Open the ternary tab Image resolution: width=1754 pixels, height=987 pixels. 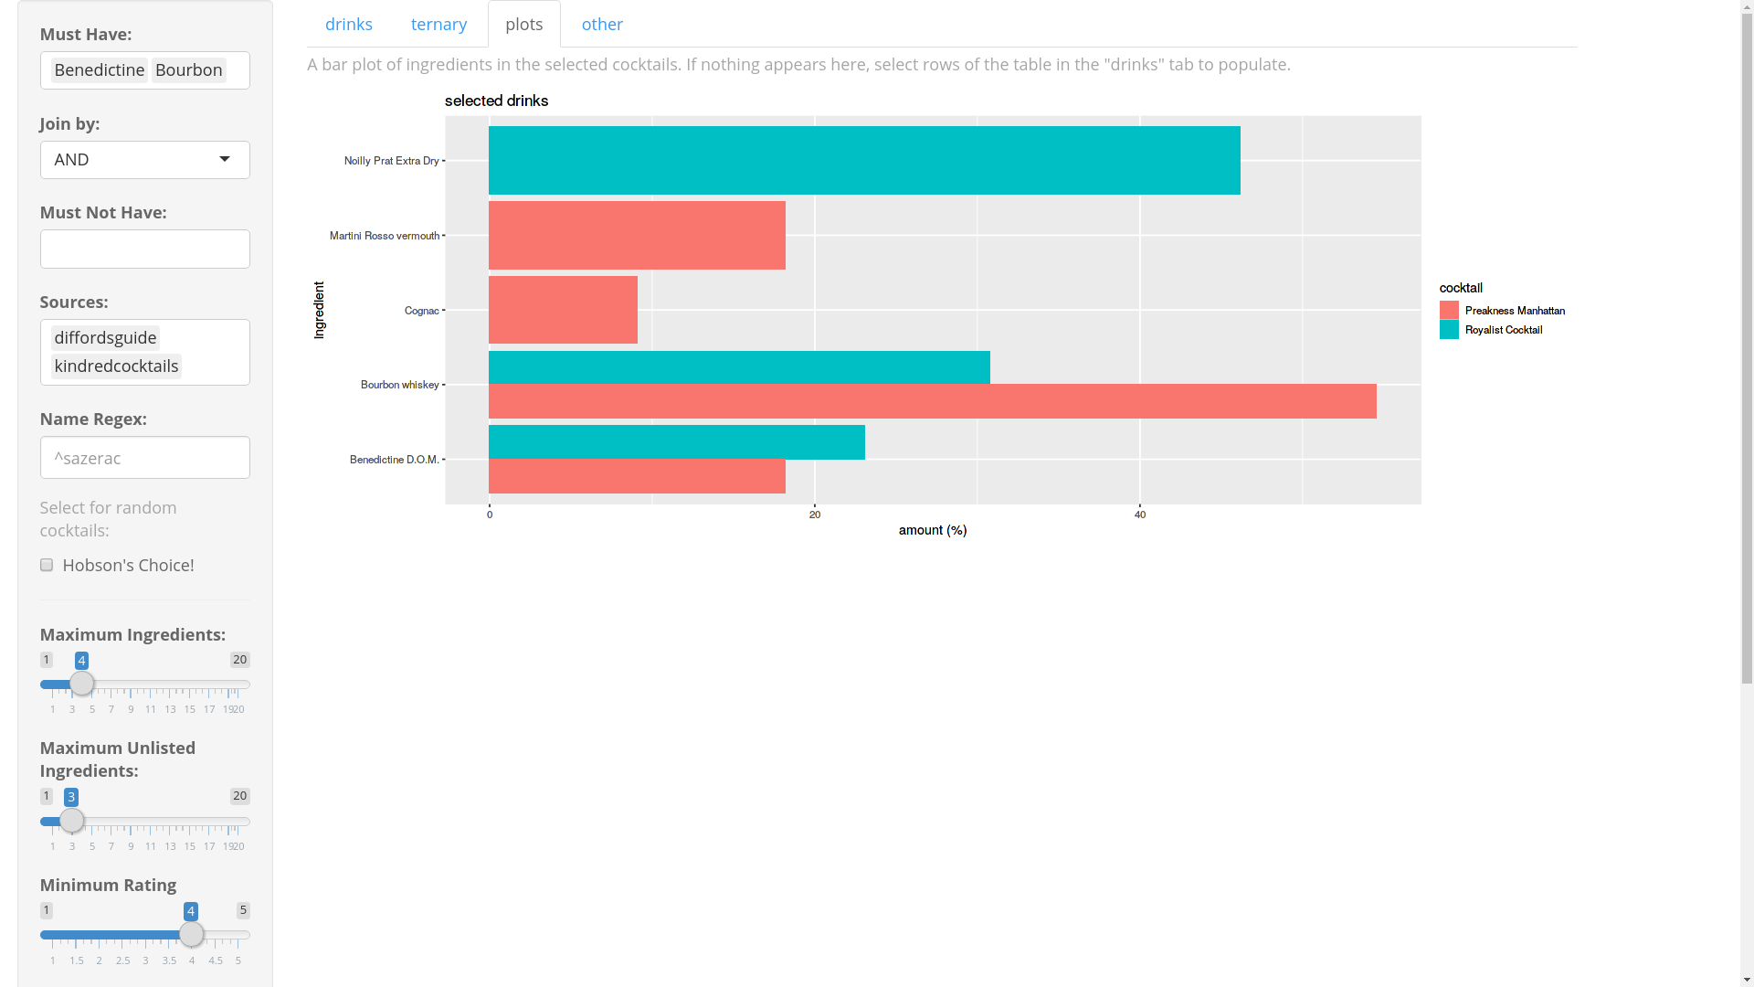[438, 25]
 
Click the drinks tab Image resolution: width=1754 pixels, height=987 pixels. [348, 25]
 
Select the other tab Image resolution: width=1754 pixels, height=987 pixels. [602, 25]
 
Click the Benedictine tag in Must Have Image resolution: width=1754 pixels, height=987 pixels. [100, 70]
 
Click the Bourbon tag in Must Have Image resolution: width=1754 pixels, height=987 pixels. [188, 70]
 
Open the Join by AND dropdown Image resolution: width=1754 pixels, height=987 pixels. [144, 160]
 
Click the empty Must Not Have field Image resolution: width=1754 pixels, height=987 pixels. [144, 249]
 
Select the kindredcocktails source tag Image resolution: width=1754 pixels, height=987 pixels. [116, 366]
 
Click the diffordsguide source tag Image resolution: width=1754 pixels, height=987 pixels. [105, 338]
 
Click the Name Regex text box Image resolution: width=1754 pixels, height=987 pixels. [144, 458]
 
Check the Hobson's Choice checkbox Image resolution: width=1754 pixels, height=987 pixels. [47, 565]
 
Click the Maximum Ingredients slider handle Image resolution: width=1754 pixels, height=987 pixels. [82, 684]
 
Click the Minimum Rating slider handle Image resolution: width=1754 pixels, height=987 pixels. [191, 934]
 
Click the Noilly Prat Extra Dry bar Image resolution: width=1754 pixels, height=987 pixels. [863, 160]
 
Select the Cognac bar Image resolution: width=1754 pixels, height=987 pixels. [563, 310]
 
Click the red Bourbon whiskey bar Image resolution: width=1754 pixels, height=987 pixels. [932, 401]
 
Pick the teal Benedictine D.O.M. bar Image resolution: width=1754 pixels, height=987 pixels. [676, 442]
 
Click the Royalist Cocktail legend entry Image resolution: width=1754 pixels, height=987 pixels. [1503, 330]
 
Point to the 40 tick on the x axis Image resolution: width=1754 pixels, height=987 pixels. [1139, 515]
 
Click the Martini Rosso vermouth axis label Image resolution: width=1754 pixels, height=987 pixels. [384, 236]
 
